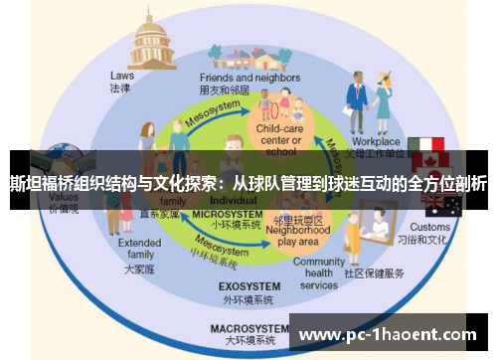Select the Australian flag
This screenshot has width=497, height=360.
coord(442,205)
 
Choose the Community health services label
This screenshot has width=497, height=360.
coord(319,272)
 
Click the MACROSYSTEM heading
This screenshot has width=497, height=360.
coord(242,327)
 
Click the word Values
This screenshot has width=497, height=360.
coord(63,197)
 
